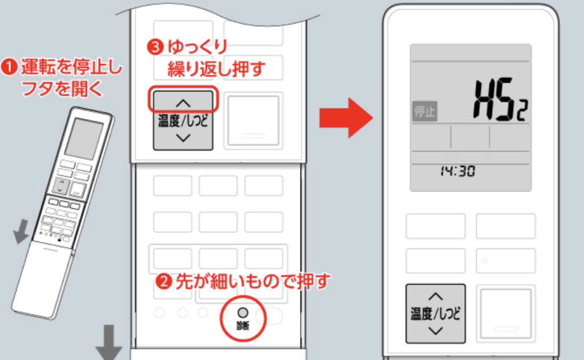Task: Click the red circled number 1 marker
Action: pyautogui.click(x=9, y=67)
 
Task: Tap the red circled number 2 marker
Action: pyautogui.click(x=163, y=281)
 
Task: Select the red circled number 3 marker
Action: pyautogui.click(x=156, y=47)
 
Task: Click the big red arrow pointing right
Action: pyautogui.click(x=346, y=118)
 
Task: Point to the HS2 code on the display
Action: pyautogui.click(x=500, y=100)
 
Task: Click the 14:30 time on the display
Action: pyautogui.click(x=458, y=171)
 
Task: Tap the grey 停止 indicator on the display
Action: pyautogui.click(x=424, y=111)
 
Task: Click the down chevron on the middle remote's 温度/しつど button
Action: pyautogui.click(x=183, y=138)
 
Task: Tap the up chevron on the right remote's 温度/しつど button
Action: pyautogui.click(x=435, y=296)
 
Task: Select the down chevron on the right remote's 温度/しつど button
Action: pyautogui.click(x=435, y=330)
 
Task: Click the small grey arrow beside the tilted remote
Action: pyautogui.click(x=21, y=231)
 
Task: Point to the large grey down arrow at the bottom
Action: pyautogui.click(x=109, y=342)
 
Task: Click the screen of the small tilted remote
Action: pyautogui.click(x=84, y=138)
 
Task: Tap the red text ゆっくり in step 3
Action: pyautogui.click(x=197, y=47)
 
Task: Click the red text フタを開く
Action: pyautogui.click(x=62, y=88)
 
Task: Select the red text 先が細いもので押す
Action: pyautogui.click(x=253, y=281)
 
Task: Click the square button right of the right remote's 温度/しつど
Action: pyautogui.click(x=506, y=314)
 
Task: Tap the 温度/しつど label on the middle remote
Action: pyautogui.click(x=183, y=121)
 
